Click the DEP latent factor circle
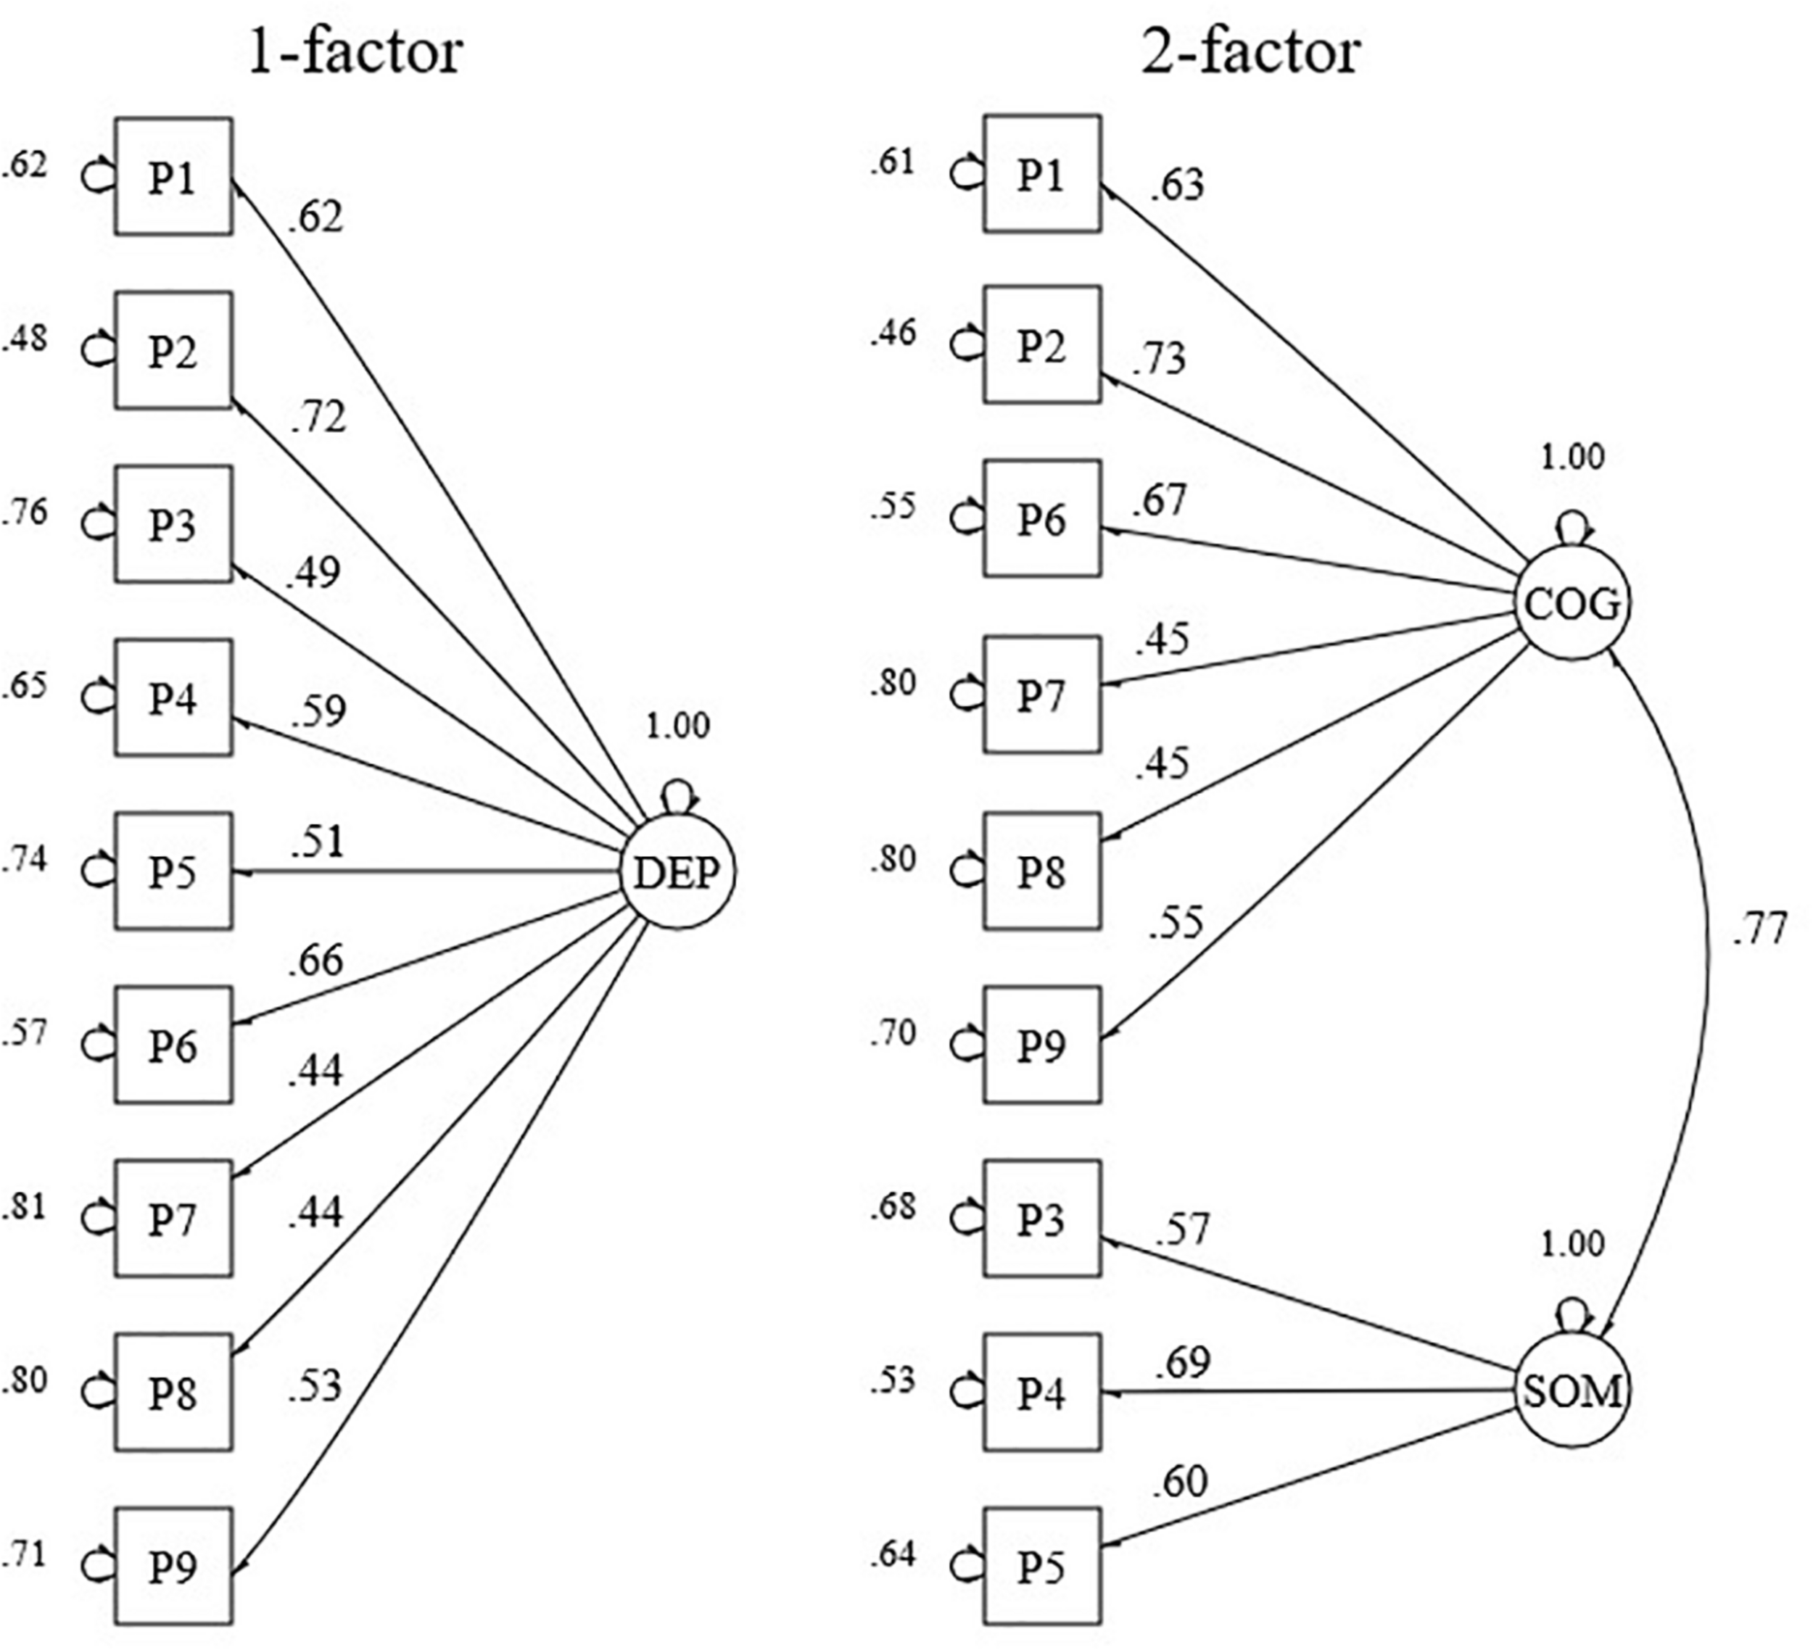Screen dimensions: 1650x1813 pos(678,872)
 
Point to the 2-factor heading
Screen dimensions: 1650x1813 pos(1250,52)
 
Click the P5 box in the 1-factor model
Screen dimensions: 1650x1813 pos(173,871)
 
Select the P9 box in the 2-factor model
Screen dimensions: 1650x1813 pos(1041,1045)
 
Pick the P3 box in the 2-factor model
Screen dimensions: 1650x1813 pos(1041,1219)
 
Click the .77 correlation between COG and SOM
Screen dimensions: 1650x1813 pos(1758,929)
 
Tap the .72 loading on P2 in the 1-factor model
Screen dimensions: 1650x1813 pos(318,418)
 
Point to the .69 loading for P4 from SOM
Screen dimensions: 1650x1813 pos(1183,1362)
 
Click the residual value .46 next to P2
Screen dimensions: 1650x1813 pos(892,333)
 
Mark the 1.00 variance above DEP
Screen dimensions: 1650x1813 pos(678,725)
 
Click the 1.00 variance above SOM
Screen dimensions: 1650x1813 pos(1572,1243)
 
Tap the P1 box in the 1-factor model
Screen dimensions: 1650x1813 pos(173,177)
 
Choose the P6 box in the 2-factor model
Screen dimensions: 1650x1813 pos(1041,519)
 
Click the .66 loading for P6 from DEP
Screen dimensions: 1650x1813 pos(315,961)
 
